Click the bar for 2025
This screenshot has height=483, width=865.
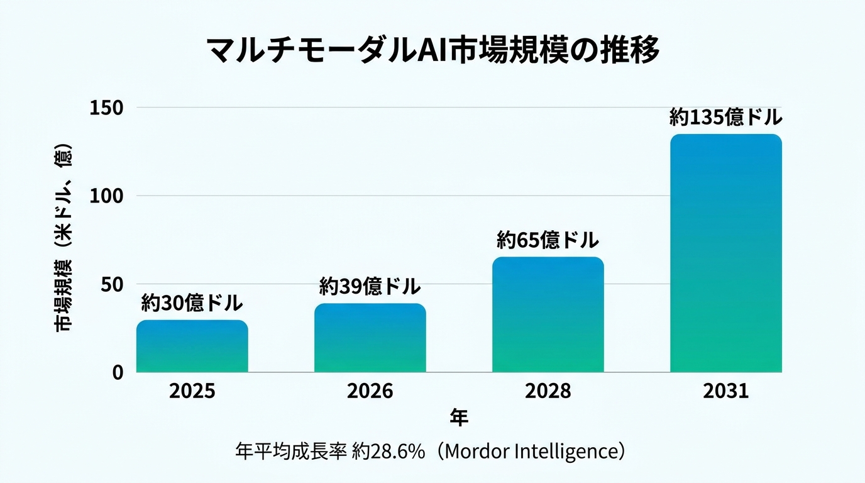click(x=192, y=347)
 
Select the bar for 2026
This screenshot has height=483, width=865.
click(x=370, y=338)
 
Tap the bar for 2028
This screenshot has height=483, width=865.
click(x=548, y=314)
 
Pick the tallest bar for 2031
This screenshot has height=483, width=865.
click(x=726, y=253)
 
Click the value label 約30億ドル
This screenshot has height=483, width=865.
click(x=192, y=303)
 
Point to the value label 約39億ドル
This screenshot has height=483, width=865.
click(x=370, y=286)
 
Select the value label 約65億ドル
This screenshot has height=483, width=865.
click(x=548, y=240)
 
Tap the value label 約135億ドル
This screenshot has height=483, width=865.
click(x=726, y=117)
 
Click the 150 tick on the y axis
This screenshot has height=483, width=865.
click(x=106, y=108)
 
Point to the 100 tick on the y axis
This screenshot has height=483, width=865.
click(x=106, y=196)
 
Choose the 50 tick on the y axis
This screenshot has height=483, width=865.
click(x=112, y=285)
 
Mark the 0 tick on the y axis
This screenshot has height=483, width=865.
click(x=118, y=373)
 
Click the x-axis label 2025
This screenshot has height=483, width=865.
click(x=192, y=391)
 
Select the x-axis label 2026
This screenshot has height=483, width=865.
click(x=370, y=391)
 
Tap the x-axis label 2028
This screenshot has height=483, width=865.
click(x=548, y=391)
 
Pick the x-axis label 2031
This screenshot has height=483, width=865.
click(x=726, y=391)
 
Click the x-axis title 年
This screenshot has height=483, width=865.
click(x=459, y=418)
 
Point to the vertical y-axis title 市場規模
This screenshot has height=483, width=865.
click(x=63, y=296)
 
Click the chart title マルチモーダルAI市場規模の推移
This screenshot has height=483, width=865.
click(x=432, y=50)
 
